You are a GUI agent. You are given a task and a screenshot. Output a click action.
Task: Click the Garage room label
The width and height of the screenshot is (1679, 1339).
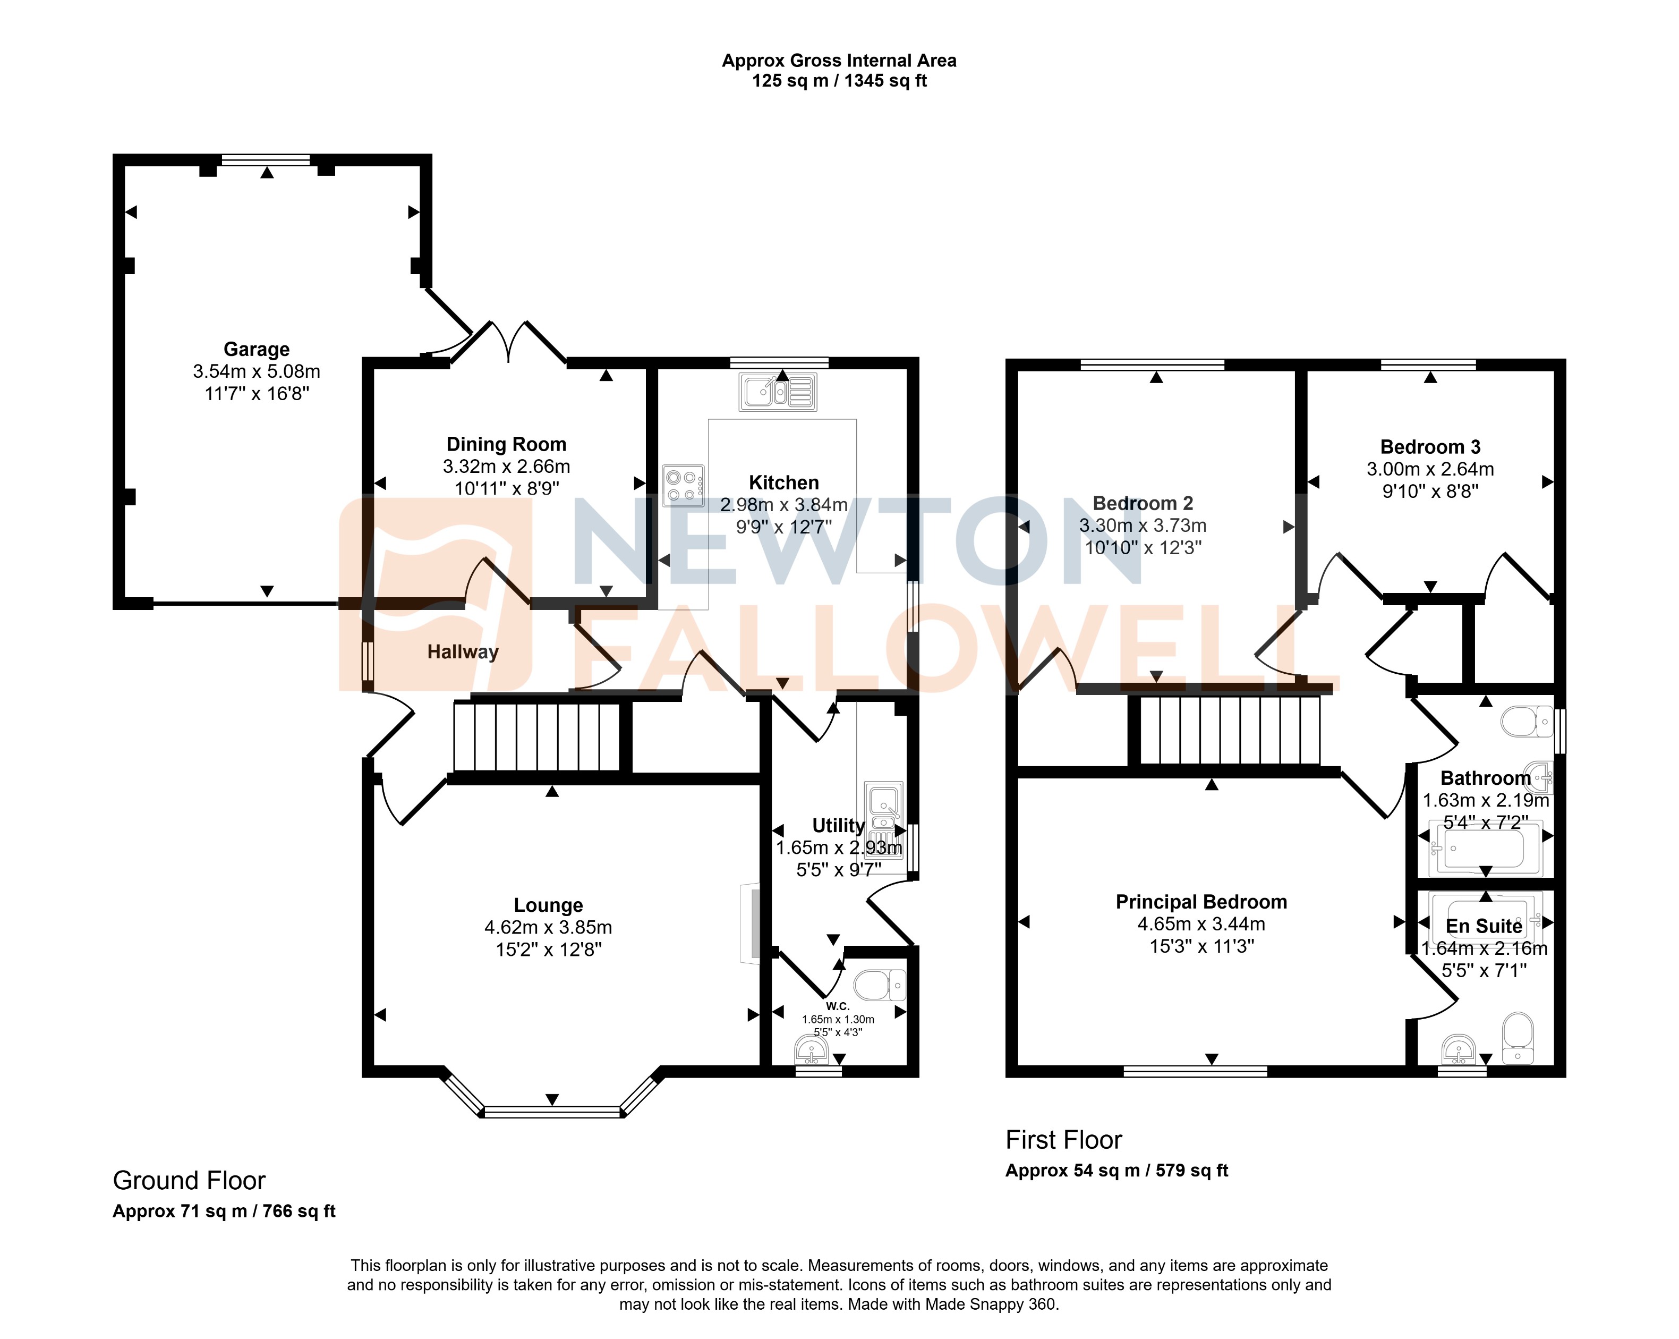click(256, 349)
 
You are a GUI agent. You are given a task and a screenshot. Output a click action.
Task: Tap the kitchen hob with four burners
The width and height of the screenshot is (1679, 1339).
click(683, 485)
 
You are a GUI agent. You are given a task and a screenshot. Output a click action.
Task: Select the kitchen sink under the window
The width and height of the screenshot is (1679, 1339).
click(777, 392)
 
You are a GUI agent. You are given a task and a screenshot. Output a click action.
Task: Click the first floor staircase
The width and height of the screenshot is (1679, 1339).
click(1230, 731)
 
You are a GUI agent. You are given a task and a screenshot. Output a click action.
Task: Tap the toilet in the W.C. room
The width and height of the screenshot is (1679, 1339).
click(879, 985)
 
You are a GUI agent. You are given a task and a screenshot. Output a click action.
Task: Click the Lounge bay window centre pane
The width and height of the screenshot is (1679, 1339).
click(552, 1112)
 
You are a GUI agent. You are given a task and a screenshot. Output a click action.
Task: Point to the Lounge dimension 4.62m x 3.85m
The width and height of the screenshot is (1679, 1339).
click(548, 927)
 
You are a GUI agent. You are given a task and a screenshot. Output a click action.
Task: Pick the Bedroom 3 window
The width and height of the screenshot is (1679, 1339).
click(1428, 364)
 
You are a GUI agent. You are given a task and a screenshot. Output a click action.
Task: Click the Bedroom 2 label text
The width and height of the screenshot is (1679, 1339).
click(1143, 503)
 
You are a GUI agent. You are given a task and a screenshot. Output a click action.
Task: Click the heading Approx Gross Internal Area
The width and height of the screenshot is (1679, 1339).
click(839, 61)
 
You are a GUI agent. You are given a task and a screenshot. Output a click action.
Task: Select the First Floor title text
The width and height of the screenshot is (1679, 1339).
click(1063, 1140)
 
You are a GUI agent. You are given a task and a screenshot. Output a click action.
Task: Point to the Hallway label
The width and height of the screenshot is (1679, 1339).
click(463, 652)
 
